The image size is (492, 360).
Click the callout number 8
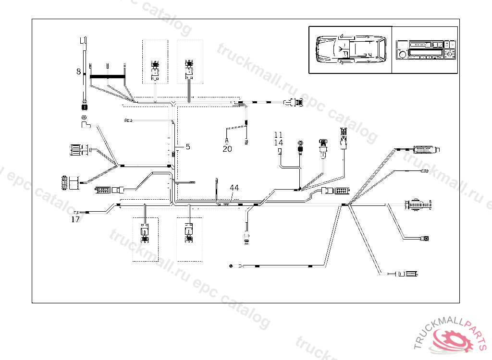click(x=78, y=72)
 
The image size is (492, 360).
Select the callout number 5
click(x=188, y=146)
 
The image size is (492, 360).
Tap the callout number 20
click(x=227, y=149)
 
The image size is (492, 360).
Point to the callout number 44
click(x=234, y=188)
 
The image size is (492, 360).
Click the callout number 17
click(x=75, y=219)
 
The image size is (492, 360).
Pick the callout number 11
click(x=279, y=135)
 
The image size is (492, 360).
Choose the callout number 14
click(x=279, y=143)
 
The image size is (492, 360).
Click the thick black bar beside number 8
click(x=108, y=76)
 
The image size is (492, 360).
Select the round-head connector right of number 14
click(x=301, y=144)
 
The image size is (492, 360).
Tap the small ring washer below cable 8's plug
click(x=84, y=118)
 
